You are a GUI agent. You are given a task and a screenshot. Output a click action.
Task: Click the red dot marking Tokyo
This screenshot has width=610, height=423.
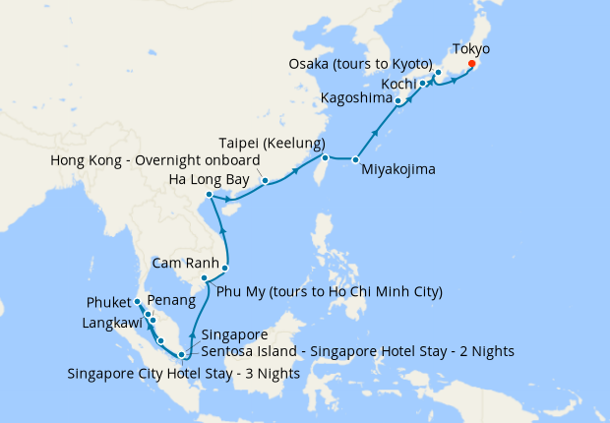click(x=472, y=64)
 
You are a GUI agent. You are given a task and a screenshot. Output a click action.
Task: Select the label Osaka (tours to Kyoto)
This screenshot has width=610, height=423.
click(x=360, y=64)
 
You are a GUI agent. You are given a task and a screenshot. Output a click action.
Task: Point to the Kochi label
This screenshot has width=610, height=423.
click(x=398, y=84)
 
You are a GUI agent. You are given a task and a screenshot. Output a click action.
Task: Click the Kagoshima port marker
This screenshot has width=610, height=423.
click(x=397, y=100)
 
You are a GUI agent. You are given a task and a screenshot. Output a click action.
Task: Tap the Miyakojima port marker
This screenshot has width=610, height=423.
click(x=355, y=159)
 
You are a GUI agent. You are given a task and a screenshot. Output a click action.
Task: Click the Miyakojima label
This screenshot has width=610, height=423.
click(x=397, y=169)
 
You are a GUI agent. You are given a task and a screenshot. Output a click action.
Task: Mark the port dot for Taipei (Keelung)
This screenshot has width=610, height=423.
click(x=325, y=157)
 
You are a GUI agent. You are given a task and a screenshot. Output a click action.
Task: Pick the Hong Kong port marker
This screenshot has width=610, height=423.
click(x=265, y=180)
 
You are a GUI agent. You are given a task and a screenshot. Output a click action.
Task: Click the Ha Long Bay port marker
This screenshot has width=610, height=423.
click(x=210, y=195)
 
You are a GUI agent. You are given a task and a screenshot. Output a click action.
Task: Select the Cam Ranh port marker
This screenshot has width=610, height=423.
click(x=225, y=268)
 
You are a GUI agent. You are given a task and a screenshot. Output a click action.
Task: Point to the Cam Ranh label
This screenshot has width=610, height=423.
click(x=184, y=263)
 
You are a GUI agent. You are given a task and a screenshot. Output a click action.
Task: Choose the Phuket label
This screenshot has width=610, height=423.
click(x=110, y=301)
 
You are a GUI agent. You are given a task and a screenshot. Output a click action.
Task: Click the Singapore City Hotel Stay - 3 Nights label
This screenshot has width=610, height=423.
click(x=184, y=373)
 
